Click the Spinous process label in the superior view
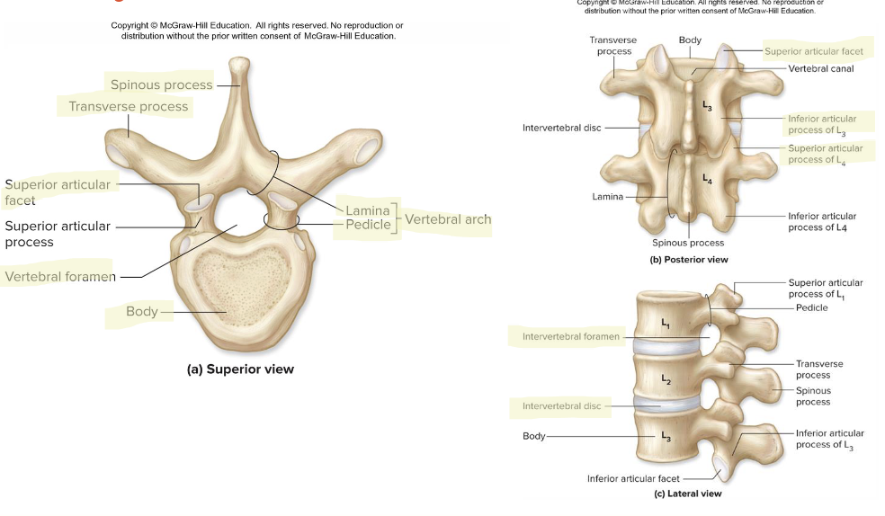[162, 85]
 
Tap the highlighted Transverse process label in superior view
[129, 106]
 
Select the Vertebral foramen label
[60, 277]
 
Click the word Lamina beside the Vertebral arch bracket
[368, 210]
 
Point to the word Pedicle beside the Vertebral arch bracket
[369, 224]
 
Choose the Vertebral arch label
[448, 218]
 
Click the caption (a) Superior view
[240, 369]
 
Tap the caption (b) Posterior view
[688, 259]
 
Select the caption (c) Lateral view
[687, 494]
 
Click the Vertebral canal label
[821, 68]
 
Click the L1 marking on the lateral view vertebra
[666, 323]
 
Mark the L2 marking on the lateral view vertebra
[666, 379]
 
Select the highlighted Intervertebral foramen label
[571, 337]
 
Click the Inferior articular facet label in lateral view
[633, 478]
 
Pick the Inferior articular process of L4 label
[822, 221]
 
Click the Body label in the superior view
[141, 311]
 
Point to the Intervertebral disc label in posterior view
[561, 128]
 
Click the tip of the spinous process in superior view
[238, 63]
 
